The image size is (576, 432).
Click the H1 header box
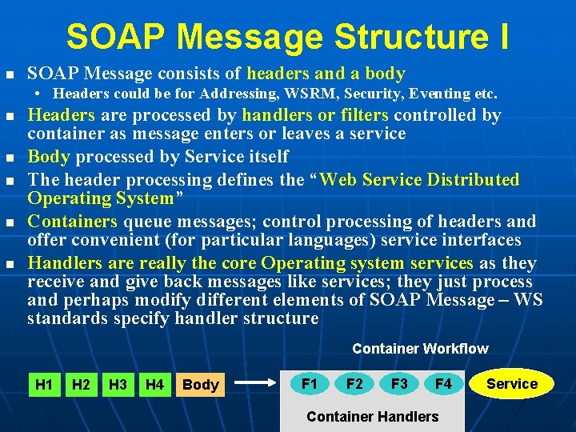[x=44, y=385]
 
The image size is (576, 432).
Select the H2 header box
[x=81, y=385]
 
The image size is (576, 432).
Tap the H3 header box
[x=118, y=385]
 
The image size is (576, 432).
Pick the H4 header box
[x=154, y=385]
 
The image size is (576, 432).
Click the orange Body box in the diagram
[x=200, y=385]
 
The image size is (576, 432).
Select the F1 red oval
[x=310, y=384]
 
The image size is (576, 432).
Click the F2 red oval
[x=354, y=384]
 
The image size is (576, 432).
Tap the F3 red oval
[x=399, y=384]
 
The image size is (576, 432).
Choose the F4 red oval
[x=443, y=384]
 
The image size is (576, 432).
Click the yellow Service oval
[x=512, y=384]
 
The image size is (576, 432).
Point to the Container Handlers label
[x=373, y=417]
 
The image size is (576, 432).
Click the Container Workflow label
[x=420, y=349]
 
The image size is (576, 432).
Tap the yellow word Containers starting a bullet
[x=73, y=222]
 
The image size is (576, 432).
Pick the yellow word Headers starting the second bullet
[x=61, y=116]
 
